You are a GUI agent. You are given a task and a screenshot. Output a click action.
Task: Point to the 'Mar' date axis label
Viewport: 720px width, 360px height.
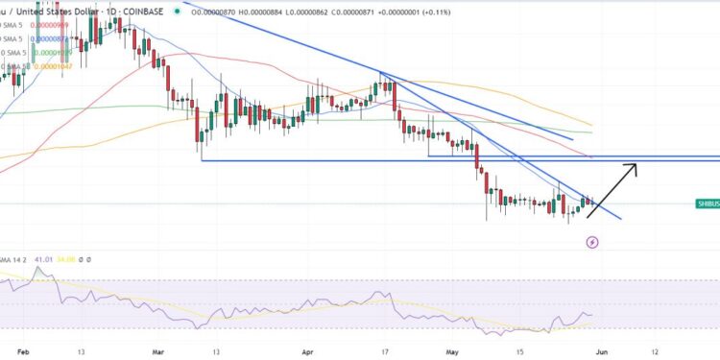pyautogui.click(x=158, y=350)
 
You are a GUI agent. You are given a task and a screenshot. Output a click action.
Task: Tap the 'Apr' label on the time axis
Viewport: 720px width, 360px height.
pyautogui.click(x=308, y=350)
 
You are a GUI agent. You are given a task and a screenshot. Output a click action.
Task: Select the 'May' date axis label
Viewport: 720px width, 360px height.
pyautogui.click(x=455, y=350)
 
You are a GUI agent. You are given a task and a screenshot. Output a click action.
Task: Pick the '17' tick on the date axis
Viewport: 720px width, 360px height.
pyautogui.click(x=383, y=350)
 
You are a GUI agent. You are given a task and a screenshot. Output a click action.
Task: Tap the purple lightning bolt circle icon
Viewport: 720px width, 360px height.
pyautogui.click(x=592, y=242)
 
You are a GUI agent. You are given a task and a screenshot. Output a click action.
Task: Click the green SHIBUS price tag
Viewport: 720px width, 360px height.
pyautogui.click(x=708, y=204)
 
